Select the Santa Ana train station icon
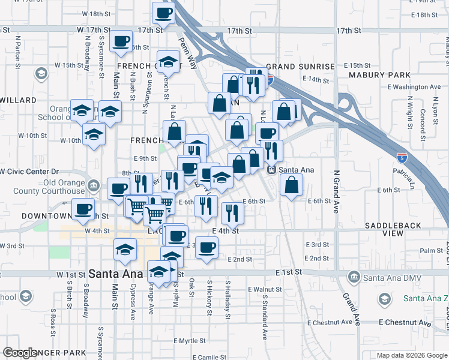pyautogui.click(x=271, y=170)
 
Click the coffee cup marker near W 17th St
pyautogui.click(x=121, y=41)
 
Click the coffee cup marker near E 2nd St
pyautogui.click(x=207, y=247)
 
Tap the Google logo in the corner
pyautogui.click(x=20, y=353)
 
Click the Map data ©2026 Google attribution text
pyautogui.click(x=412, y=355)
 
